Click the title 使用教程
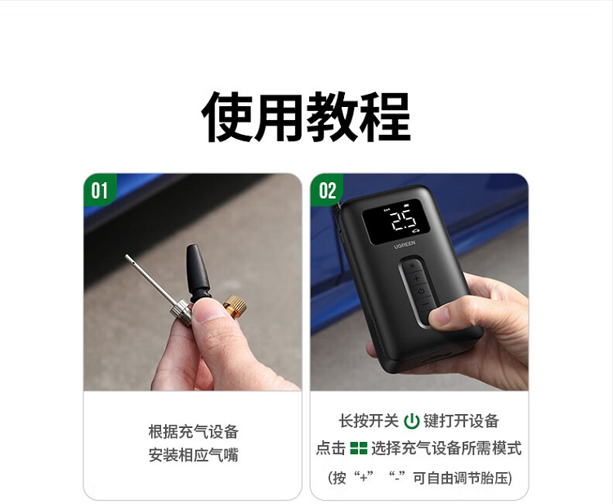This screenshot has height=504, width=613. point(306,117)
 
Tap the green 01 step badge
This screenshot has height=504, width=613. point(99,190)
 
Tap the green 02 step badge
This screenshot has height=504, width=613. point(326,190)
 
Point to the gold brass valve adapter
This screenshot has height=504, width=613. point(235,306)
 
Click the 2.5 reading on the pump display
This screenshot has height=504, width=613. point(404,221)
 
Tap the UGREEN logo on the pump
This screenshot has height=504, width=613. point(405,245)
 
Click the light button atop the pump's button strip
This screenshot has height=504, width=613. point(411,266)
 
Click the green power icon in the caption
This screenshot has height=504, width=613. point(411,421)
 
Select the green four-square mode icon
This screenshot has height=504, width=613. point(359,448)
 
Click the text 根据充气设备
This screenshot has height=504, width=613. point(193,432)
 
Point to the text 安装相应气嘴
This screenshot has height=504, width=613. point(193,455)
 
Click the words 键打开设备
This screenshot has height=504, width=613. point(461,421)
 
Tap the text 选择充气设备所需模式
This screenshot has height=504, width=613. point(446,448)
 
